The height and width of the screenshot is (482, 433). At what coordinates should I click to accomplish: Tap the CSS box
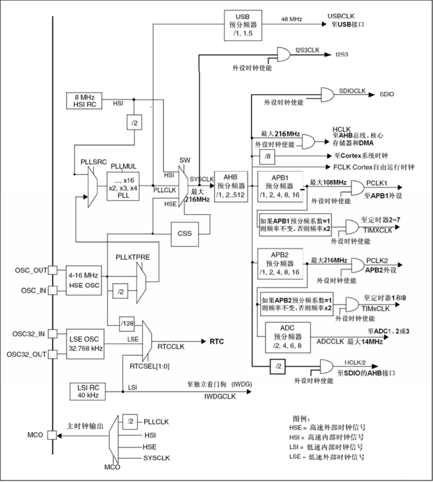pyautogui.click(x=184, y=233)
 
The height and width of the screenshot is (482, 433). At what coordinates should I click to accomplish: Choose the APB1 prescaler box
pyautogui.click(x=280, y=187)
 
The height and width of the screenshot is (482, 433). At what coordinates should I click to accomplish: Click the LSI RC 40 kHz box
pyautogui.click(x=87, y=390)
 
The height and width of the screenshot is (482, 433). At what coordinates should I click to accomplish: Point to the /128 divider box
pyautogui.click(x=126, y=323)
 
